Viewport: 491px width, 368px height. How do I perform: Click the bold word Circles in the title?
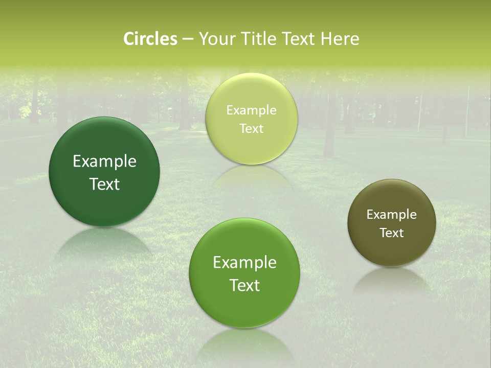150,39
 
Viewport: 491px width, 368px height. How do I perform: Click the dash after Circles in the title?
187,39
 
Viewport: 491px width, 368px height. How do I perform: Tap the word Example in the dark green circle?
104,162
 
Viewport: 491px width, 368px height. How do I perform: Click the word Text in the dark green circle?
104,184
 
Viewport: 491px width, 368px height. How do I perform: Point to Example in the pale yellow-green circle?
251,110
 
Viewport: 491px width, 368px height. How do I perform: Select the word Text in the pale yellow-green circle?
251,129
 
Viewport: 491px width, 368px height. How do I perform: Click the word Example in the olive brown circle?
392,215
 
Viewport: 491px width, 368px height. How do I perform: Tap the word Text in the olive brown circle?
392,233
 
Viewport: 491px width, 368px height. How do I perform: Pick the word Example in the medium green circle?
244,263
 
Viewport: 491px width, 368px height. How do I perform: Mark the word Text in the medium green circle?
244,285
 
